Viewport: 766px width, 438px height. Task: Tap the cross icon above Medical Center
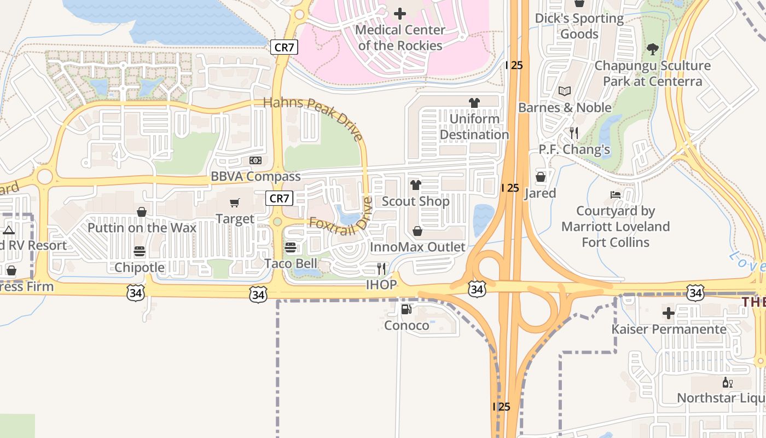(400, 13)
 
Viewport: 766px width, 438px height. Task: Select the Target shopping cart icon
(235, 203)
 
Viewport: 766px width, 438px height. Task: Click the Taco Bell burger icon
(291, 247)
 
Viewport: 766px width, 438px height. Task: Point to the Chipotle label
(140, 267)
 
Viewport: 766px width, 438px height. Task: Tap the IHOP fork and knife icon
(381, 268)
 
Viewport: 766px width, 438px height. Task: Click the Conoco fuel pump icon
(406, 309)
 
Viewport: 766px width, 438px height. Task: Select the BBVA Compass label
(256, 176)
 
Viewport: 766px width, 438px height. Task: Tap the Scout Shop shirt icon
(416, 185)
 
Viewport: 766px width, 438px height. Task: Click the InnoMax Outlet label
(417, 247)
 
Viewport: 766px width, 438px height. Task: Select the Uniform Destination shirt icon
(474, 102)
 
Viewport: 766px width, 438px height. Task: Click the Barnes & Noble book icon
(565, 91)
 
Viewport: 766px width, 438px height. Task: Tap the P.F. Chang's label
(574, 149)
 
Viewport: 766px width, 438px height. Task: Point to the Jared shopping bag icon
(541, 177)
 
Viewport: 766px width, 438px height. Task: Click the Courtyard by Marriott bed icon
(616, 195)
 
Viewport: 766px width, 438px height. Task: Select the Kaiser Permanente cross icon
(669, 313)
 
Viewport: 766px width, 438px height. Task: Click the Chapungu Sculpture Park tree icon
(652, 49)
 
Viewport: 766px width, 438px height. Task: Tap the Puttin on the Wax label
(142, 228)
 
